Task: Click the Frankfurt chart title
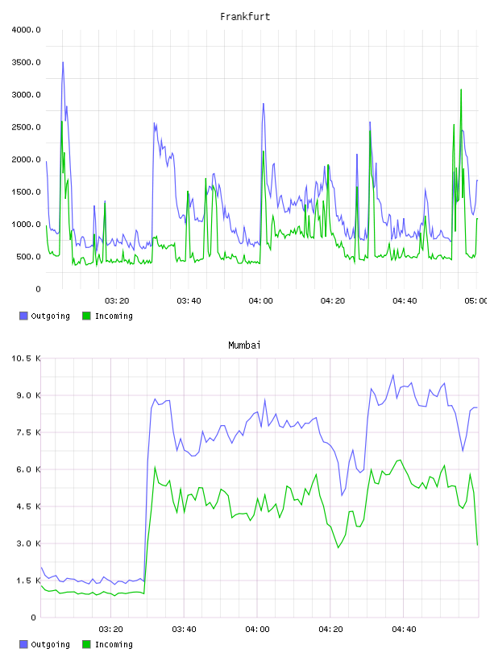245,17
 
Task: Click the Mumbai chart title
244,345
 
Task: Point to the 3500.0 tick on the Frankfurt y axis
26,63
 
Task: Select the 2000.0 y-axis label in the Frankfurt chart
26,159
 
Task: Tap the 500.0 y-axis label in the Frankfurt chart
28,257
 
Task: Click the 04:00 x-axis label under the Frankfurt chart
260,301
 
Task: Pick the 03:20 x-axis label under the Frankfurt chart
117,301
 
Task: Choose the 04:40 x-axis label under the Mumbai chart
404,630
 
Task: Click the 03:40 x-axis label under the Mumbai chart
185,630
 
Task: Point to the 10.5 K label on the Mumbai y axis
26,358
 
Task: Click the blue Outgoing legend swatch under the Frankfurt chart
23,316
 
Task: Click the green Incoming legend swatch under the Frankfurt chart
86,316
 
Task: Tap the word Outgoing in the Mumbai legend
50,644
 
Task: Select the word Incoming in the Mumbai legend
114,644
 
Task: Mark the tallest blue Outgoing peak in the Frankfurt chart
63,63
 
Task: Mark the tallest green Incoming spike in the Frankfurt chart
461,89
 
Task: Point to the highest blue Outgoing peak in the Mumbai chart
393,375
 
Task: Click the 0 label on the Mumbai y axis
33,618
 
